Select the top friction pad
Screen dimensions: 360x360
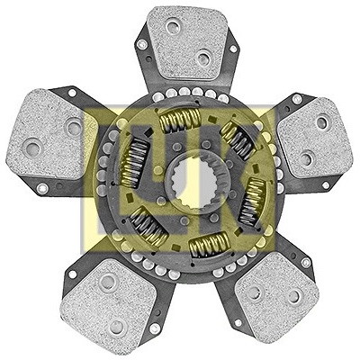pos(188,42)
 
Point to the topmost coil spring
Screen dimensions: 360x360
pos(179,120)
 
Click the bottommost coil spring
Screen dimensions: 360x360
pos(210,245)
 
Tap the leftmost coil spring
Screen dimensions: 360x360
pos(134,163)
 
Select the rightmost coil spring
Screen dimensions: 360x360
pos(253,201)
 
